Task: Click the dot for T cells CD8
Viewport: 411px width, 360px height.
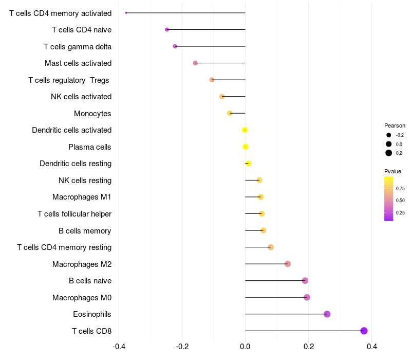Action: click(x=364, y=331)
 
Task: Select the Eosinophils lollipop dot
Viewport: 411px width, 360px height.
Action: click(x=327, y=314)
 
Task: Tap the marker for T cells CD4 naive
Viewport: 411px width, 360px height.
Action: click(x=167, y=30)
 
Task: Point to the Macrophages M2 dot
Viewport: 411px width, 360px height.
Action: click(x=288, y=264)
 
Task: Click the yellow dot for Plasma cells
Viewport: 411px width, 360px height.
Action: click(x=246, y=147)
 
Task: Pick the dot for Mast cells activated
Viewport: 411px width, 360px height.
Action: click(x=195, y=63)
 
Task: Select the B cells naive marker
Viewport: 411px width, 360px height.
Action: click(x=305, y=281)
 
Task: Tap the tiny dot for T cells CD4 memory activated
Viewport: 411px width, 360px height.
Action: click(x=126, y=13)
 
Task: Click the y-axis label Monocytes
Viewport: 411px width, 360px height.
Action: click(x=92, y=114)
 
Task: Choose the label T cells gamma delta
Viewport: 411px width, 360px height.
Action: click(x=78, y=47)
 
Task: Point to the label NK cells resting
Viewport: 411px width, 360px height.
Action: click(x=85, y=181)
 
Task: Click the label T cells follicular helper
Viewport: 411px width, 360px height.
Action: click(x=74, y=214)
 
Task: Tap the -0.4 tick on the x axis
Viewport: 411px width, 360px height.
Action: click(x=119, y=347)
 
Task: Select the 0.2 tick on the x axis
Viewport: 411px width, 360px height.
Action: click(x=309, y=347)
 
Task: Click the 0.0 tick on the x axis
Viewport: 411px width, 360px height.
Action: click(x=245, y=347)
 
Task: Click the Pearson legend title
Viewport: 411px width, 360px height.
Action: click(x=395, y=125)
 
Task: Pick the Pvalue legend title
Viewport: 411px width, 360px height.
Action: click(x=393, y=171)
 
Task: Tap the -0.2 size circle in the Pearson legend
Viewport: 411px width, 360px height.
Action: click(x=389, y=135)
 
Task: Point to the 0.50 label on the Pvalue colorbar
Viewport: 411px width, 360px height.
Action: click(x=400, y=201)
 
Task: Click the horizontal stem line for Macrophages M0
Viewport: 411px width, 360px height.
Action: click(x=276, y=297)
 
